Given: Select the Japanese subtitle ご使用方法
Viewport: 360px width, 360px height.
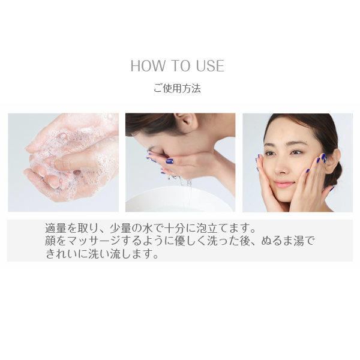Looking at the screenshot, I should tap(176, 88).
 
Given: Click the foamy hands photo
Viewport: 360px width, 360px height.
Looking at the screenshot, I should tap(63, 162).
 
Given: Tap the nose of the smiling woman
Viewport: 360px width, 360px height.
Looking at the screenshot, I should tap(286, 169).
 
